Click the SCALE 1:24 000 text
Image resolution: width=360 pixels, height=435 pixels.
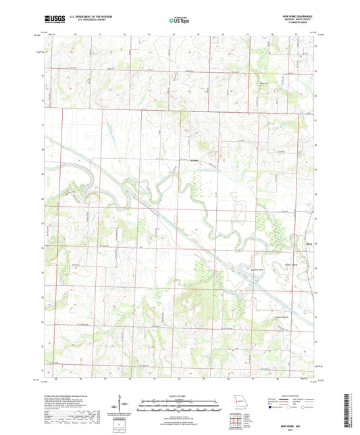click(x=180, y=395)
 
